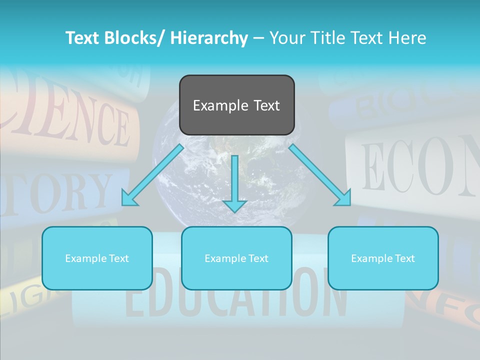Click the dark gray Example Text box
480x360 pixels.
click(236, 105)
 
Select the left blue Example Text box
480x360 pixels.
click(97, 258)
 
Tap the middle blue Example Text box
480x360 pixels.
click(236, 258)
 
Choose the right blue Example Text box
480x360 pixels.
click(383, 258)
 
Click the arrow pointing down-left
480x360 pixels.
click(152, 175)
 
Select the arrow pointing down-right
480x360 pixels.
click(320, 175)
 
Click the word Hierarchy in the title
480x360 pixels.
click(209, 38)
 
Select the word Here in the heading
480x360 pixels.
click(408, 38)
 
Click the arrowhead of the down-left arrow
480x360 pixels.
click(129, 199)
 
